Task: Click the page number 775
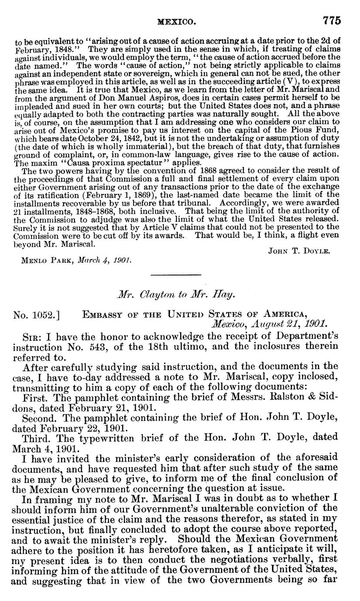coord(331,20)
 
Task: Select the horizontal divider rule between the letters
coord(176,275)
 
